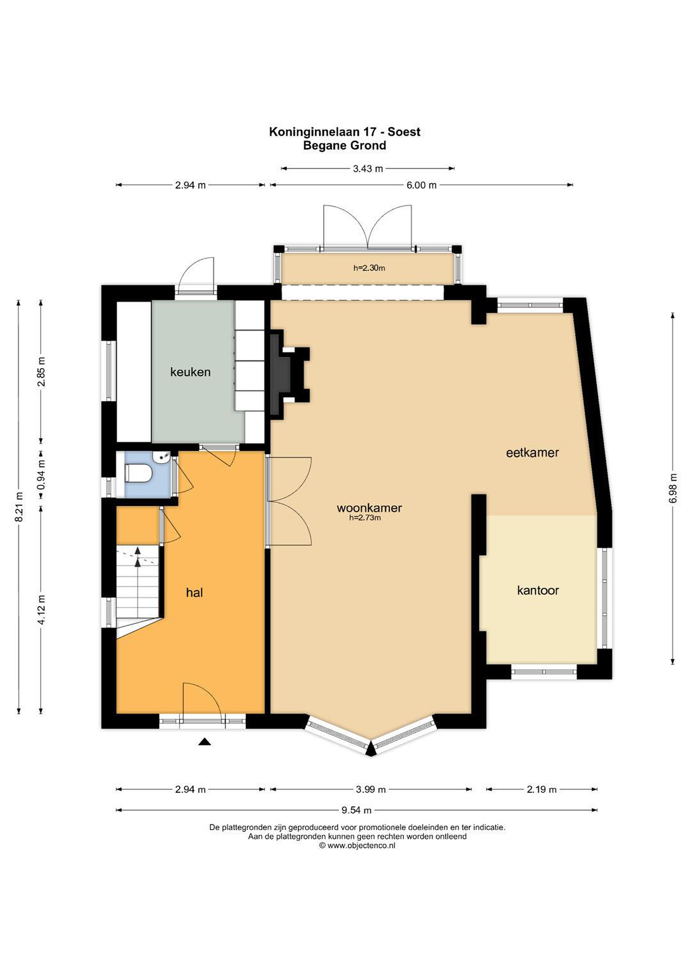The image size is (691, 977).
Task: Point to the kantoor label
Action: (x=538, y=590)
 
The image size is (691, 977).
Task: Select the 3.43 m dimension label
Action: (x=368, y=169)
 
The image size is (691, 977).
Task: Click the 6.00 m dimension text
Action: (x=422, y=185)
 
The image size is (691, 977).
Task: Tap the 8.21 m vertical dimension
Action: (x=19, y=506)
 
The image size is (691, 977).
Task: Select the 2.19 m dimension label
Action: (x=542, y=789)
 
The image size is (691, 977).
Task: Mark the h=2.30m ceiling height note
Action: (x=369, y=268)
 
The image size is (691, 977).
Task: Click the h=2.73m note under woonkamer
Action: (x=365, y=518)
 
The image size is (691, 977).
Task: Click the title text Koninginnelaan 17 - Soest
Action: (x=344, y=132)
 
